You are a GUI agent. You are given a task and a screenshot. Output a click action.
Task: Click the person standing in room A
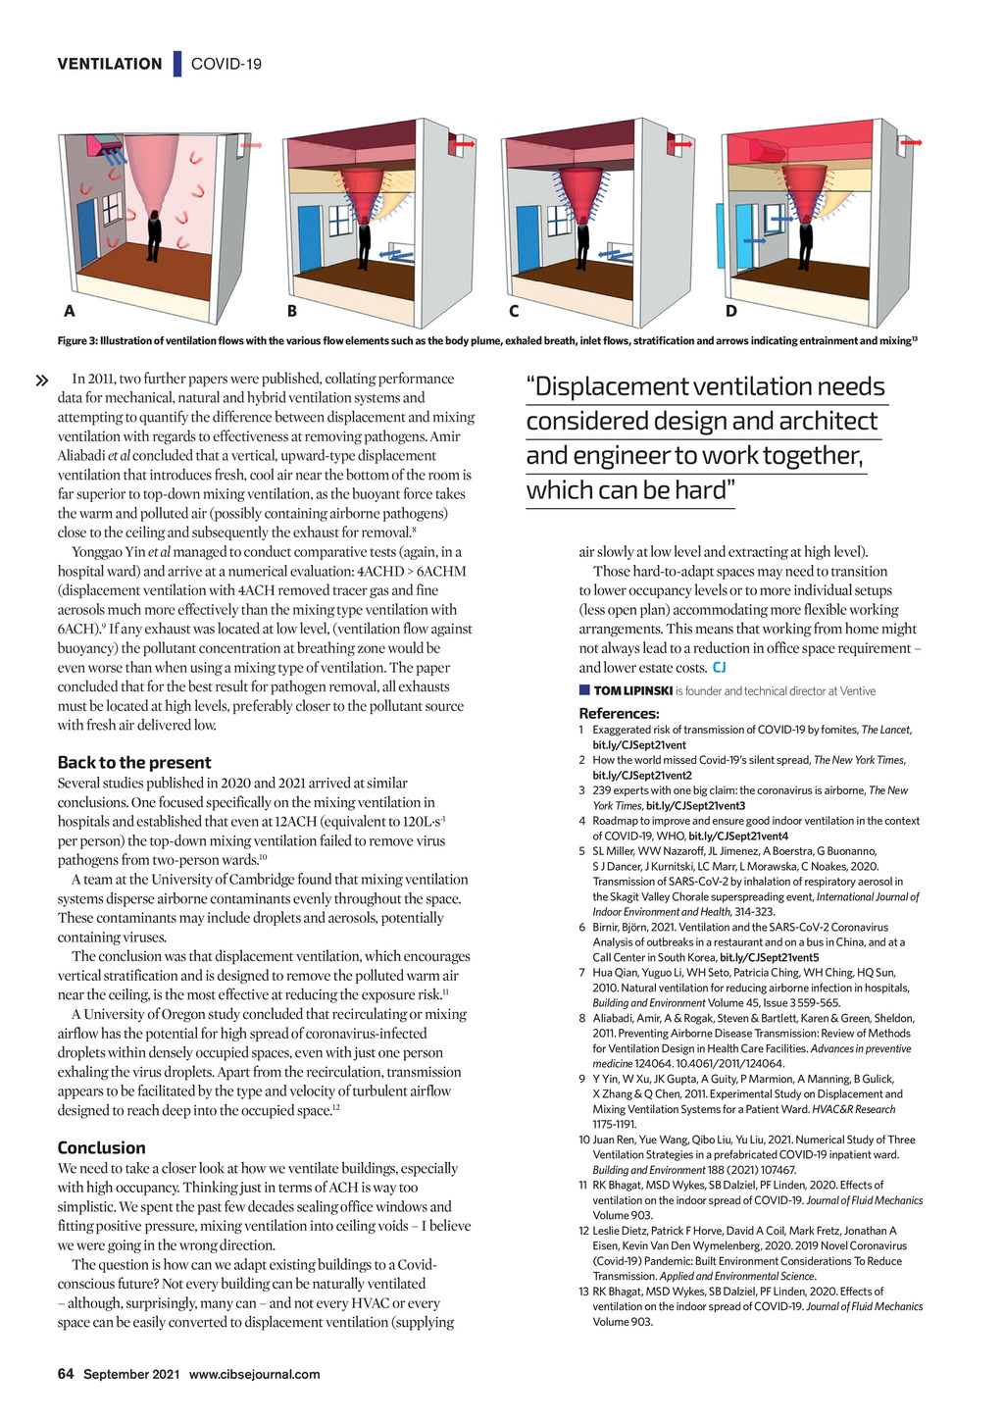(153, 236)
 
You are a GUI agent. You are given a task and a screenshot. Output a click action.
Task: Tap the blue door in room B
(310, 237)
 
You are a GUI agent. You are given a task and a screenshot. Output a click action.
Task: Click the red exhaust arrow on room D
(913, 143)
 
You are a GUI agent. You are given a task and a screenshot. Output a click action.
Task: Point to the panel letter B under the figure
(291, 312)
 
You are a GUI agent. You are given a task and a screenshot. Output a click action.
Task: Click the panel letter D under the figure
(730, 312)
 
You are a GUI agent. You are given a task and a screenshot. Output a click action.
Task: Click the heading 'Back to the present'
(134, 762)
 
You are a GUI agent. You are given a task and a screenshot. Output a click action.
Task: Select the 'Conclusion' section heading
(101, 1147)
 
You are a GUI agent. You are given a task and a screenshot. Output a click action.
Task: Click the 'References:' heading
(619, 713)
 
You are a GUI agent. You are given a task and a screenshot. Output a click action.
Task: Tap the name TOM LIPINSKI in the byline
(632, 691)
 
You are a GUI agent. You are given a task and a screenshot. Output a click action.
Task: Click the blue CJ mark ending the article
(719, 668)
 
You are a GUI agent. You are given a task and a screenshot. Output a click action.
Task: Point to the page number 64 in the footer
(66, 1374)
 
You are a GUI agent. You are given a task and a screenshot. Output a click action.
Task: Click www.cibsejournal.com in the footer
(254, 1374)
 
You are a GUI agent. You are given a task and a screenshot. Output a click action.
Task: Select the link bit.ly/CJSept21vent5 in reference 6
(769, 957)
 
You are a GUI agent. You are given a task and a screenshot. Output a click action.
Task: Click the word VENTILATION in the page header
(110, 64)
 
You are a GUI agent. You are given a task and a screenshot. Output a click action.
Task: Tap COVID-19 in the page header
(226, 64)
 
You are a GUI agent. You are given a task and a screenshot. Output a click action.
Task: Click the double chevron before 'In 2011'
(42, 380)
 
